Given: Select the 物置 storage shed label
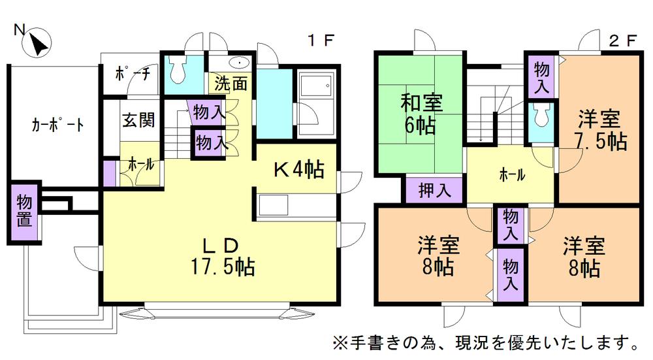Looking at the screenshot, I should pyautogui.click(x=24, y=210).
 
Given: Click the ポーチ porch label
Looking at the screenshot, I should pyautogui.click(x=133, y=74).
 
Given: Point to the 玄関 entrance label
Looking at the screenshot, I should pyautogui.click(x=138, y=120).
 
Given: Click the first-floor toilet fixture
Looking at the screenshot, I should pyautogui.click(x=177, y=68).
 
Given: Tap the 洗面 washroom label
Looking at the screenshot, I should pyautogui.click(x=231, y=83).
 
